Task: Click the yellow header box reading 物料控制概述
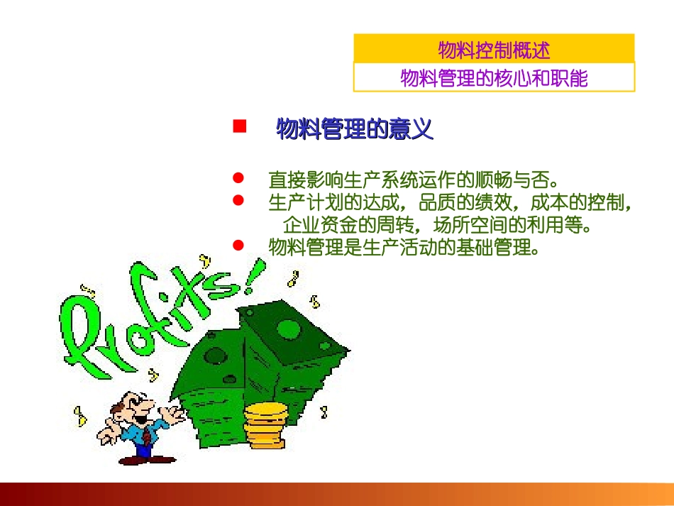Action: tap(494, 50)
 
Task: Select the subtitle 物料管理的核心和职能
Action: tap(494, 77)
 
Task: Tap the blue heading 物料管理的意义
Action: tap(354, 130)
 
